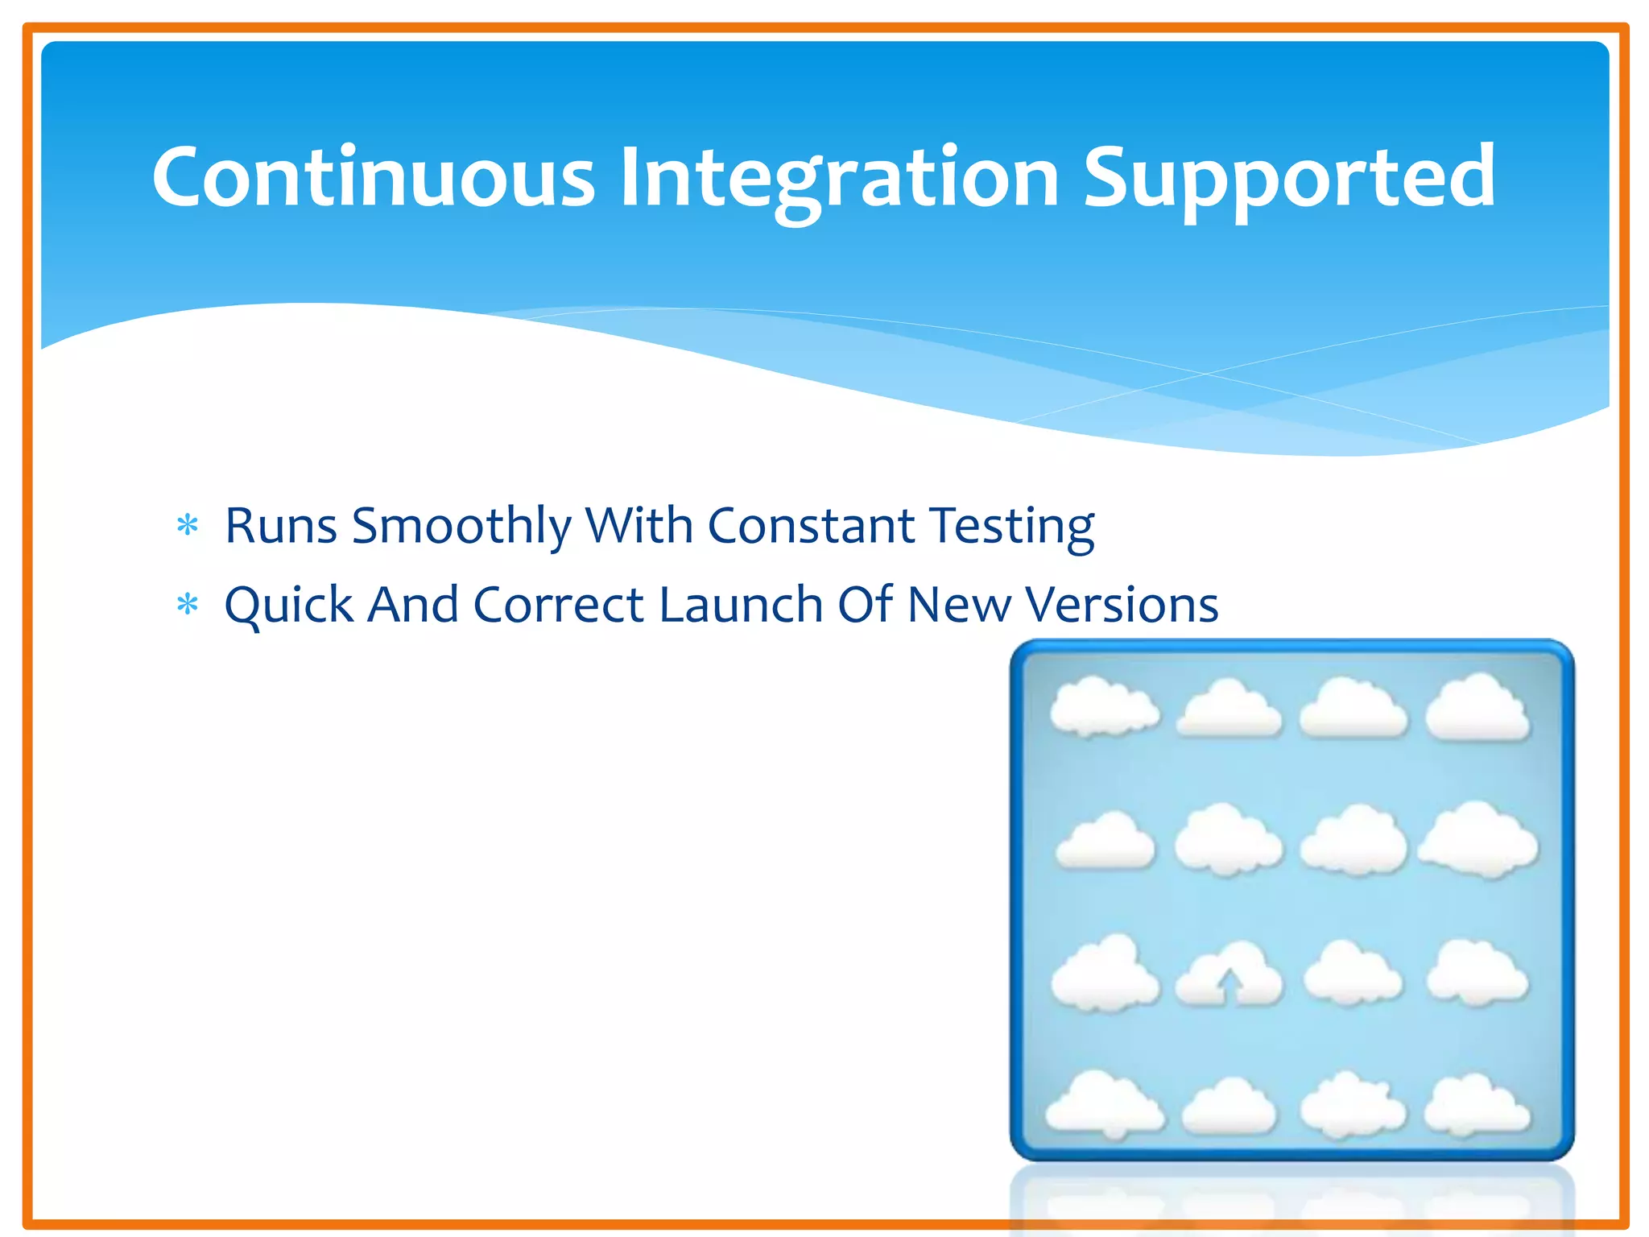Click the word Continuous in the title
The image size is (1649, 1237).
click(x=373, y=177)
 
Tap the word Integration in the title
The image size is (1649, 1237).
click(x=838, y=179)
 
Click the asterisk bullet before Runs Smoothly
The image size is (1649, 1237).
click(x=188, y=526)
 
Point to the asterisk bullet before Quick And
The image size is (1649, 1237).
click(x=188, y=605)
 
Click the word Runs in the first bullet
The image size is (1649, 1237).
click(x=280, y=526)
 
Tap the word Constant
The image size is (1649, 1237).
click(x=810, y=526)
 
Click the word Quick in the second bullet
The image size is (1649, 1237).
click(x=288, y=605)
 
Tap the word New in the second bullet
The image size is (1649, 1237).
click(x=958, y=605)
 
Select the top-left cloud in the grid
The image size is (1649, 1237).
click(x=1105, y=708)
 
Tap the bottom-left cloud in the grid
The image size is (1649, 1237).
click(x=1105, y=1107)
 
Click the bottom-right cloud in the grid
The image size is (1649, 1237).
click(x=1477, y=1107)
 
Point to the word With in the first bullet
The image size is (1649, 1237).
click(x=639, y=526)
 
